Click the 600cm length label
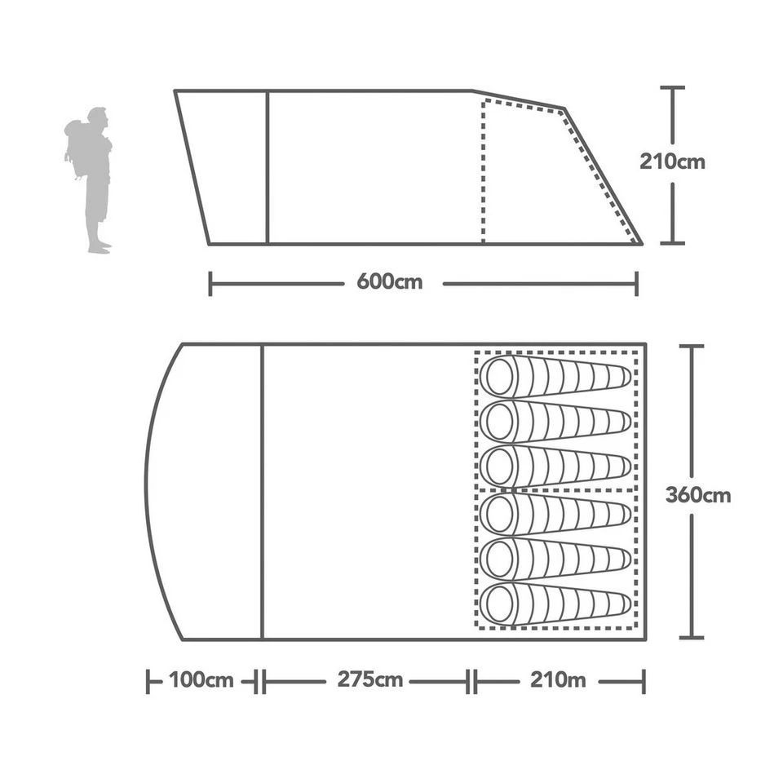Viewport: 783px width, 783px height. click(390, 283)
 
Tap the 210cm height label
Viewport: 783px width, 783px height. click(672, 161)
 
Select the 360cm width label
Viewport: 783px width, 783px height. click(697, 495)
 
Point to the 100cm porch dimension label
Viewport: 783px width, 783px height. click(201, 680)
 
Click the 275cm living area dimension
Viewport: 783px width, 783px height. click(369, 680)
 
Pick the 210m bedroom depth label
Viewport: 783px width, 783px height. click(558, 680)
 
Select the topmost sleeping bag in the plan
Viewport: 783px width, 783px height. click(555, 376)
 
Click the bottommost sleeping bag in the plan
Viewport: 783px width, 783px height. click(555, 604)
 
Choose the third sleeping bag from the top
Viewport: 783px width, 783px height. click(555, 467)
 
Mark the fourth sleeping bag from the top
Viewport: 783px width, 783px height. click(555, 514)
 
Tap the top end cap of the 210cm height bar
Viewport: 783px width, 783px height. click(672, 87)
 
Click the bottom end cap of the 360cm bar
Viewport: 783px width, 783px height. click(691, 637)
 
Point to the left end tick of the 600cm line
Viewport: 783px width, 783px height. click(210, 284)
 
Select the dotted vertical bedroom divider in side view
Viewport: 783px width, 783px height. click(483, 171)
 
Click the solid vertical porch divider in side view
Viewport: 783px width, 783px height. click(268, 167)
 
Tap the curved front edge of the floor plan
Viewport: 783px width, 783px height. click(147, 489)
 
